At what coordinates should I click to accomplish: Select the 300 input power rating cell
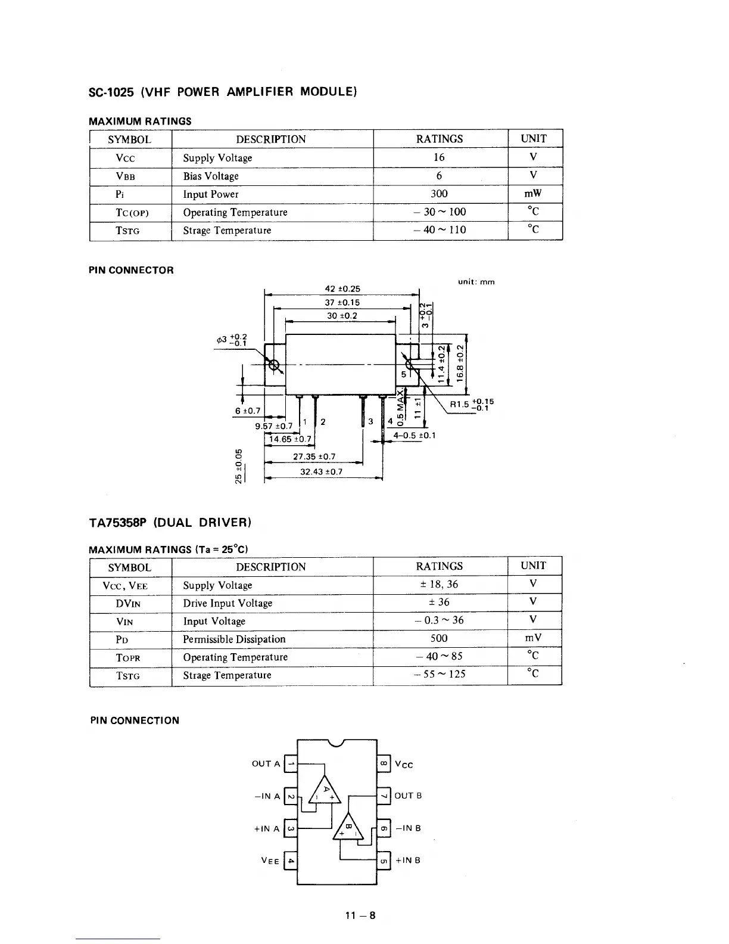(x=439, y=194)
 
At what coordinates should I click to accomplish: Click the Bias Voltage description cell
(x=211, y=176)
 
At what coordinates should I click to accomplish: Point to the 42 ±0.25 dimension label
(x=342, y=289)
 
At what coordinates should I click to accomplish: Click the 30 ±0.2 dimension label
(x=342, y=316)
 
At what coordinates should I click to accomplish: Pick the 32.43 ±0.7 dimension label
(x=321, y=472)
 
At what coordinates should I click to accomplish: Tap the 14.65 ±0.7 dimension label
(x=290, y=440)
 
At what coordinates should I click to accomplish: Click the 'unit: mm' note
(x=476, y=282)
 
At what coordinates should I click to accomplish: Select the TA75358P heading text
(x=170, y=523)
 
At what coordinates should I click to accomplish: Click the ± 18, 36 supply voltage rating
(x=439, y=585)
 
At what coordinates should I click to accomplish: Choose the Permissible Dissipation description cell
(x=234, y=639)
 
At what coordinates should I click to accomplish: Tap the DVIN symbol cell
(x=129, y=603)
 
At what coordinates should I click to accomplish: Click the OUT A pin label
(x=266, y=763)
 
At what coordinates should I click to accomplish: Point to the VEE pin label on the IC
(x=270, y=861)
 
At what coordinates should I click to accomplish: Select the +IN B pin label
(x=408, y=861)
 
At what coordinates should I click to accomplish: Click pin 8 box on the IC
(x=384, y=763)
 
